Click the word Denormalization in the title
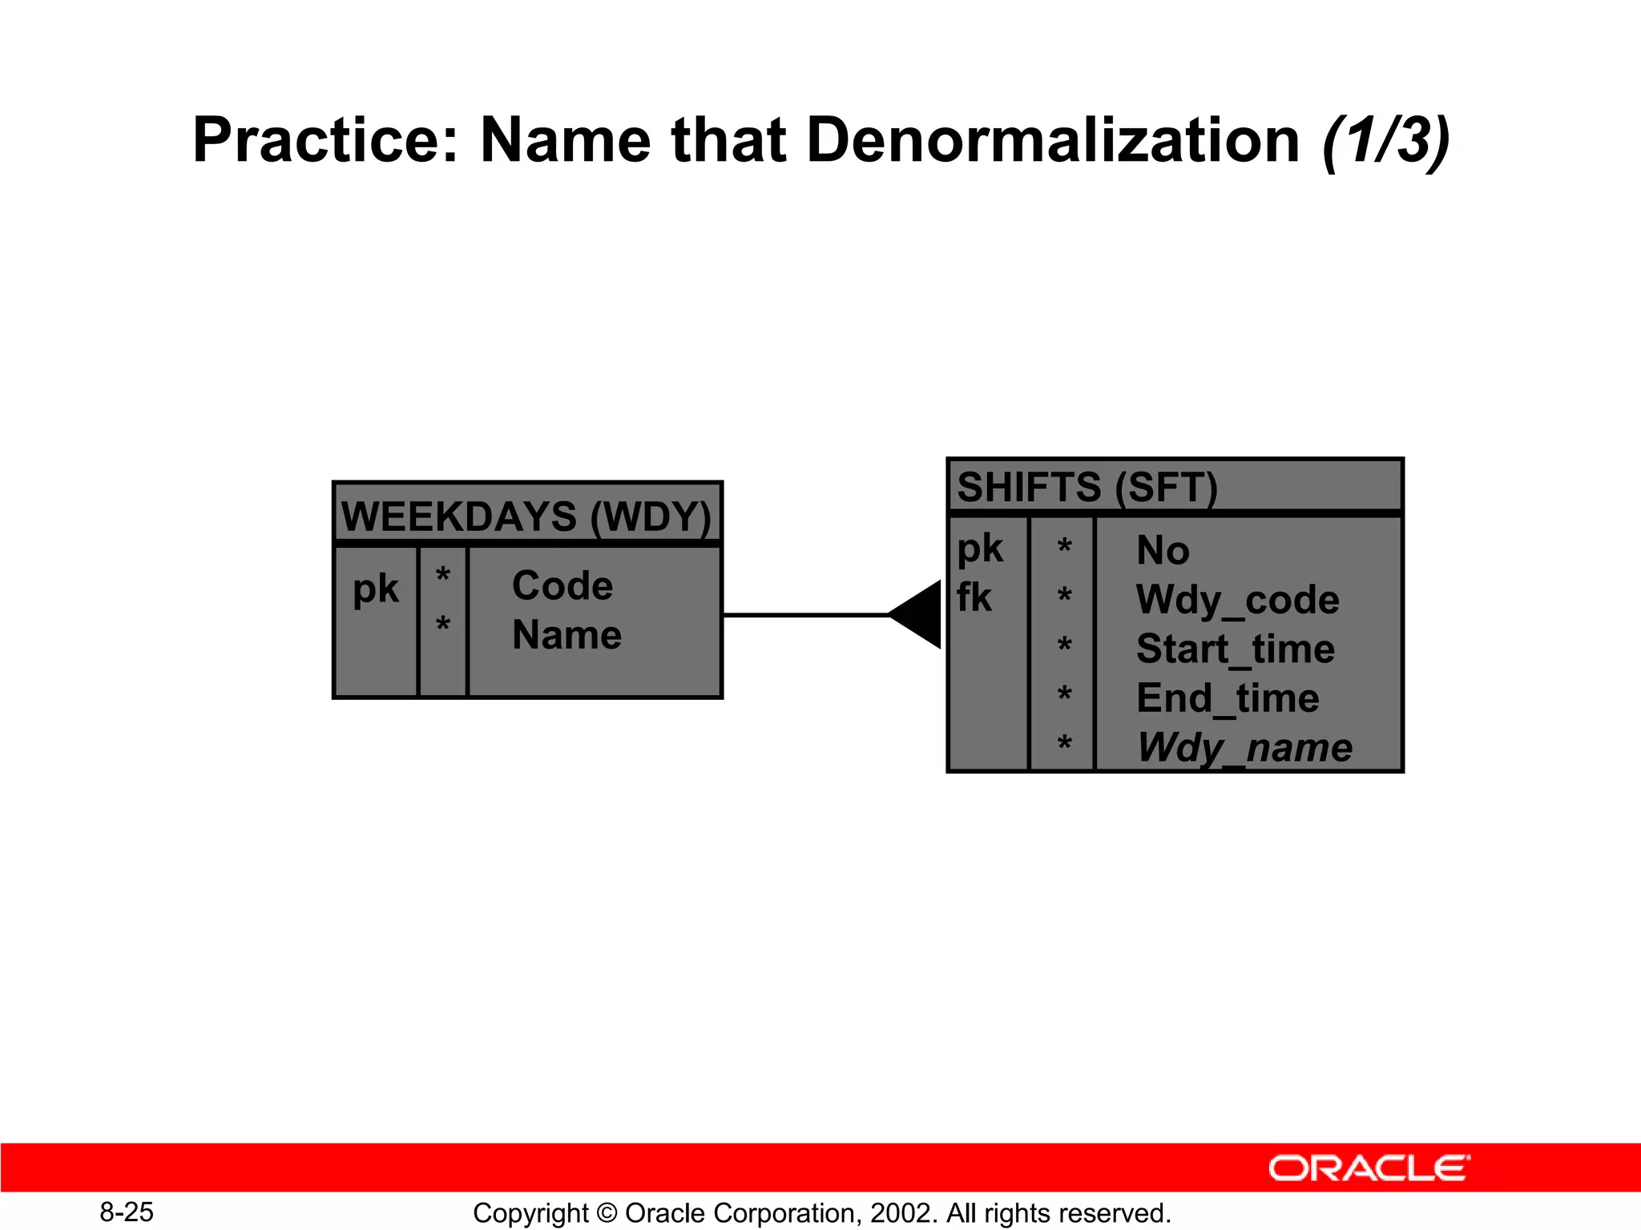[1052, 141]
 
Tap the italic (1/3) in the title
[1386, 142]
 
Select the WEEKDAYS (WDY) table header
[526, 517]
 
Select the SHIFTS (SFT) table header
[1087, 487]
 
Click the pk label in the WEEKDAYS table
[375, 589]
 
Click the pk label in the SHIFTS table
[979, 549]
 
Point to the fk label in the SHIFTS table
[974, 597]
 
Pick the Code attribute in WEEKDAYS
[562, 586]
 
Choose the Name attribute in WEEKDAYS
[566, 635]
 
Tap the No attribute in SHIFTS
[1163, 551]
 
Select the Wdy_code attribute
[1237, 600]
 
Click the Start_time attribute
[1235, 649]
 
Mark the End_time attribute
[1227, 697]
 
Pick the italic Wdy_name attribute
[1244, 748]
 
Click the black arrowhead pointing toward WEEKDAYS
[920, 614]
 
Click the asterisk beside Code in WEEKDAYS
[442, 575]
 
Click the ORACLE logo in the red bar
[1369, 1168]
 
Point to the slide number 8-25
[127, 1212]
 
